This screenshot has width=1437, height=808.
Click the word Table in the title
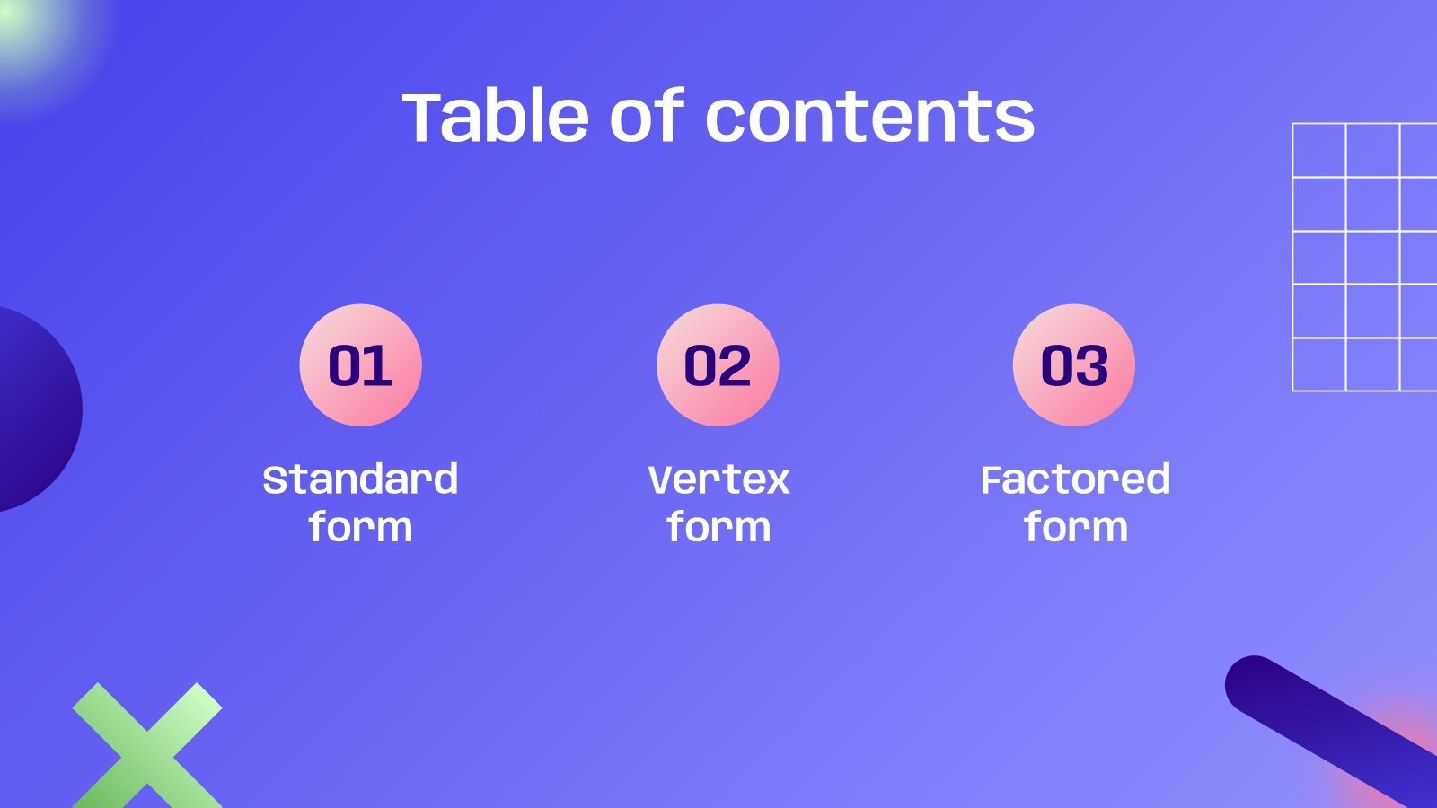(497, 117)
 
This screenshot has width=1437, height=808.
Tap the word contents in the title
(869, 119)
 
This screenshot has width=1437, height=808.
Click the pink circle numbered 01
(360, 364)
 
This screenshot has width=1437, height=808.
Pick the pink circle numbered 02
(718, 364)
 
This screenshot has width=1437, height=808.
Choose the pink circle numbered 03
(1074, 364)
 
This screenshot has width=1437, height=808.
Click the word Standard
(360, 479)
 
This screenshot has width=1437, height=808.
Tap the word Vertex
(718, 479)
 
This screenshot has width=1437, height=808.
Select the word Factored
(1075, 479)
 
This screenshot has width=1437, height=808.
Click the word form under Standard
(360, 527)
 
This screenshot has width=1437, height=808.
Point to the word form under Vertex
(718, 527)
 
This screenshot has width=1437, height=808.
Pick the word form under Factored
(1075, 527)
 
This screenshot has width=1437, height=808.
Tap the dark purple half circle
(36, 408)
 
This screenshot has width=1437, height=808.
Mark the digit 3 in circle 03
(1092, 365)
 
